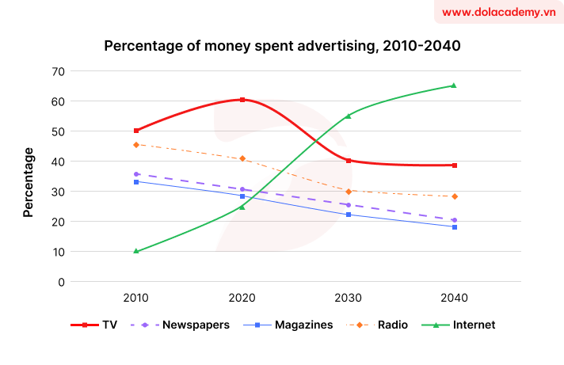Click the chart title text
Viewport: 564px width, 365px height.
coord(282,46)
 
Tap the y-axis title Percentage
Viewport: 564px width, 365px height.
coord(29,182)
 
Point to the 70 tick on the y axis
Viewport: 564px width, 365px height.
coord(57,71)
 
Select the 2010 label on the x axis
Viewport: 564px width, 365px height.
coord(136,298)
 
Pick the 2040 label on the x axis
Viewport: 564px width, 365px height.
coord(454,298)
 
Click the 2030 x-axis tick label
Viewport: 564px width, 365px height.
coord(348,298)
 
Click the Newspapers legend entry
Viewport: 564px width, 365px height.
coord(193,325)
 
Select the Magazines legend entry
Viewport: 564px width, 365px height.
coord(299,325)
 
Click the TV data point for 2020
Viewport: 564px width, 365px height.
coord(242,100)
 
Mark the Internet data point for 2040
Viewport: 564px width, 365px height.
coord(454,86)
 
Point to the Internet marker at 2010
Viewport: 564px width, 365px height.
coord(136,251)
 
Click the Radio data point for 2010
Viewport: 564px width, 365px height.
coord(136,145)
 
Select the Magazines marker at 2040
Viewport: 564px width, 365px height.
coord(454,227)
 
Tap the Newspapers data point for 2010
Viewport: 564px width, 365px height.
coord(136,174)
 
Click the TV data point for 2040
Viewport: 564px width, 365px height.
coord(454,165)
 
